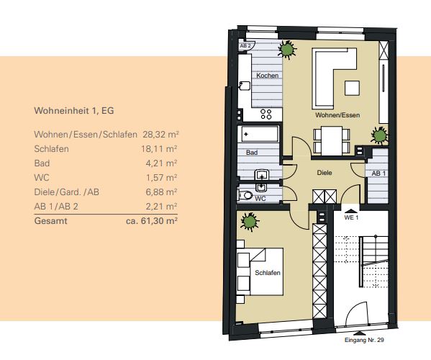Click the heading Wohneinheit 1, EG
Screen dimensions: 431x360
(74, 111)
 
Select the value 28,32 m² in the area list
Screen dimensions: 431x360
(160, 135)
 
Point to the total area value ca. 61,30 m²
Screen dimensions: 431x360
(152, 221)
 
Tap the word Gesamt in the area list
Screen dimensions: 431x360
(50, 221)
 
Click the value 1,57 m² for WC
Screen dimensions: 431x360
(161, 178)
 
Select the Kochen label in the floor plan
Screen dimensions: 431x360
(267, 76)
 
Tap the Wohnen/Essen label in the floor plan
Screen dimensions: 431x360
(337, 115)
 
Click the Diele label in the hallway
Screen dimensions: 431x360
(325, 173)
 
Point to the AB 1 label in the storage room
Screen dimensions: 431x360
(378, 174)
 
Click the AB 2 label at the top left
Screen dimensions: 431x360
(245, 46)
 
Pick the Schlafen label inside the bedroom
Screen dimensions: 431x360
(268, 273)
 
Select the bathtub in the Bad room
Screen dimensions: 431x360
(260, 134)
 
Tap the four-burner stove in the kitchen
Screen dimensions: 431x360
(266, 114)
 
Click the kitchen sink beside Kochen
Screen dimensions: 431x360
(245, 86)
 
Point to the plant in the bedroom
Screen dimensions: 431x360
(250, 221)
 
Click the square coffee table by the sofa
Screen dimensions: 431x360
(352, 88)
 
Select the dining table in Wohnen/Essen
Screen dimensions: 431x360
(332, 140)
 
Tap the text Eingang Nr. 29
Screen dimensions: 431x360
(364, 340)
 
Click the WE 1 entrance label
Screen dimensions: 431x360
(351, 217)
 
